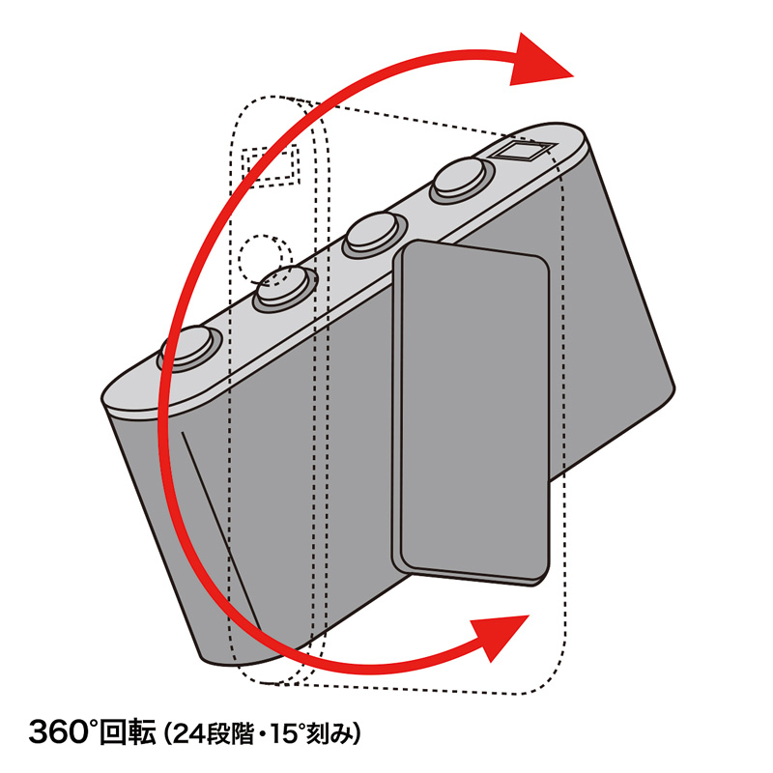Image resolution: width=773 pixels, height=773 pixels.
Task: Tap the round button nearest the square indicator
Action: pyautogui.click(x=463, y=180)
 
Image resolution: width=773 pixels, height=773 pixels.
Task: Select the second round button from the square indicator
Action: pyautogui.click(x=376, y=235)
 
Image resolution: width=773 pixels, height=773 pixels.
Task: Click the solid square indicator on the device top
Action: pyautogui.click(x=524, y=151)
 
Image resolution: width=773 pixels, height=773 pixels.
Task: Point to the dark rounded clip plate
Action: pyautogui.click(x=471, y=414)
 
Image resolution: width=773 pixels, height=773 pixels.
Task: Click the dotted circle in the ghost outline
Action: pyautogui.click(x=264, y=259)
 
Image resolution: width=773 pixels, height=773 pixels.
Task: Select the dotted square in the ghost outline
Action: pyautogui.click(x=271, y=166)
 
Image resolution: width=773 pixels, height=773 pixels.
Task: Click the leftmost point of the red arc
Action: pyautogui.click(x=159, y=419)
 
